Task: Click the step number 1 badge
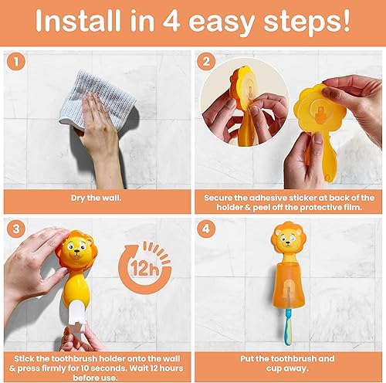point(15,60)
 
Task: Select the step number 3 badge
point(15,229)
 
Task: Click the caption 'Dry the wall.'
point(96,198)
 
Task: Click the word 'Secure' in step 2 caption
point(220,196)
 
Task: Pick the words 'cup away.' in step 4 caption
point(288,368)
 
